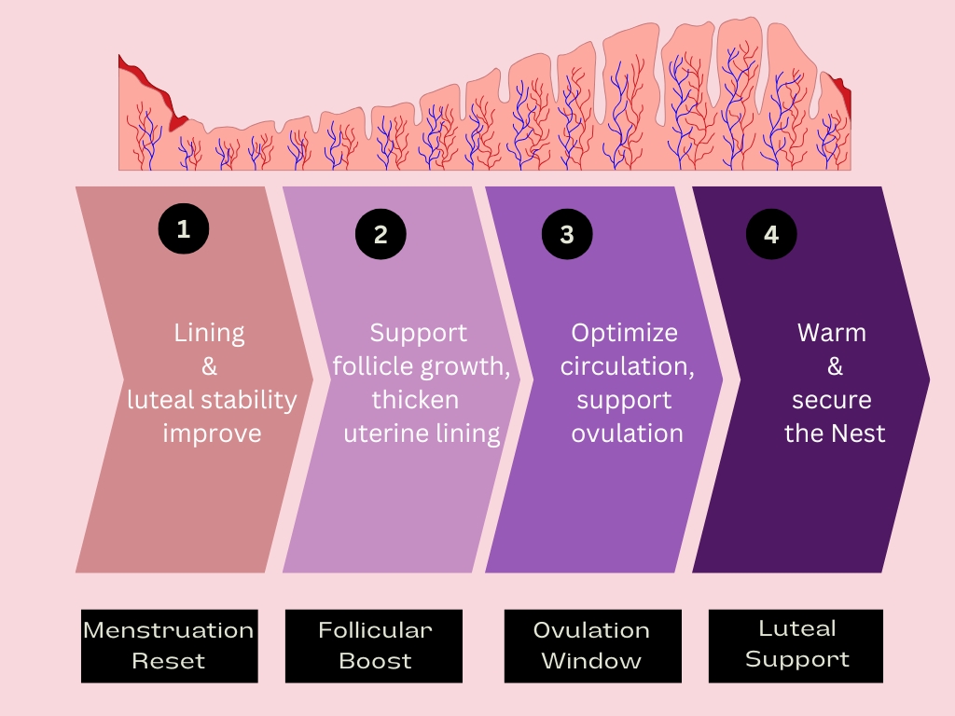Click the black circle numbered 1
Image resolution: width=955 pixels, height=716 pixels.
183,228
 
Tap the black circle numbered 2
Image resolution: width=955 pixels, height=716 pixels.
381,234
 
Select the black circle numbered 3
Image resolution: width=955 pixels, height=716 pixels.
567,234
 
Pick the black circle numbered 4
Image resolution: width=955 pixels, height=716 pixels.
771,234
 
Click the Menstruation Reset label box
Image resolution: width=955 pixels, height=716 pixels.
169,645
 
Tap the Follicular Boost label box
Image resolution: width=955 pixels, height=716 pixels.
374,645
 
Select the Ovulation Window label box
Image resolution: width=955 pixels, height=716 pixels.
592,645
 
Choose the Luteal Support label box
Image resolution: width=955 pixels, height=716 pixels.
796,644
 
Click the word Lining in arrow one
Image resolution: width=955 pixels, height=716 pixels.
209,333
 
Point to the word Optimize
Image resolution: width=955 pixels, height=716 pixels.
625,333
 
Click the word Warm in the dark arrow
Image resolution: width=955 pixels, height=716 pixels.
832,333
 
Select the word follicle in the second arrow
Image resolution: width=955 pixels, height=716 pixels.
371,366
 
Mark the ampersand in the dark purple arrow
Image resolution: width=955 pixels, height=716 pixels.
834,366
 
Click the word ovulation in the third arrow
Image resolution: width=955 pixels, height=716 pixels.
627,434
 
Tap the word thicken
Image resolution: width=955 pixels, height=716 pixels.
415,400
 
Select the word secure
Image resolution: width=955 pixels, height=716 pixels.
832,400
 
